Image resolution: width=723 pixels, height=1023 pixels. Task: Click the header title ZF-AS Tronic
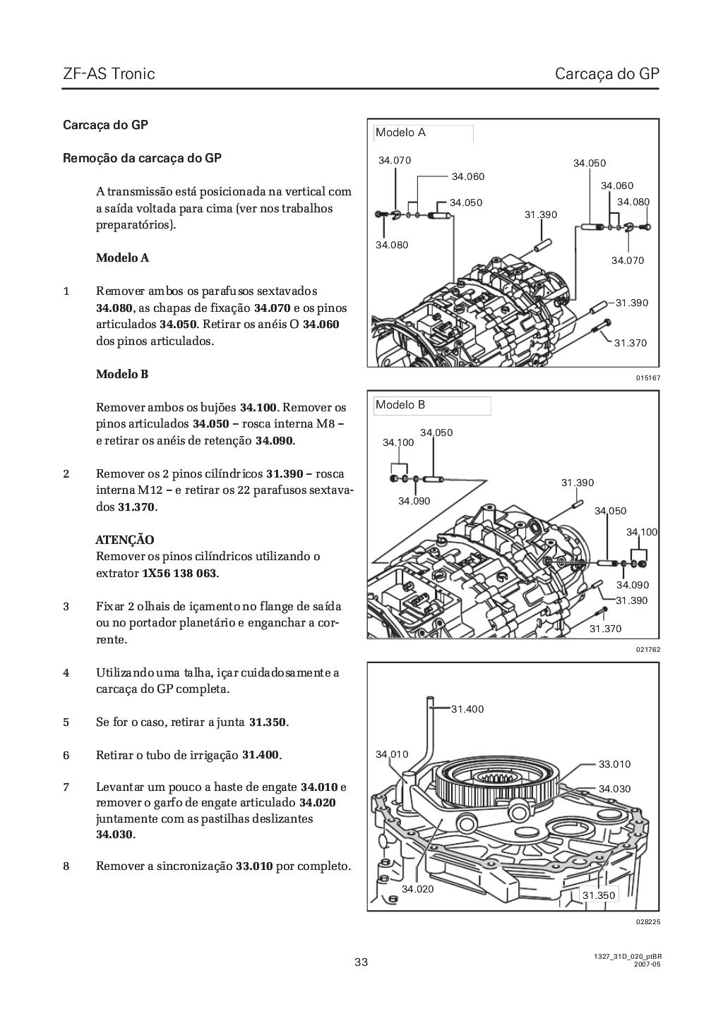[109, 73]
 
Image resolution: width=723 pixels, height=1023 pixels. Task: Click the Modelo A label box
[424, 133]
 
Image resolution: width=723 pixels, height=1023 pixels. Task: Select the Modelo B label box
[432, 405]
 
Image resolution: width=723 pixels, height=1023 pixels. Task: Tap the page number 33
[361, 962]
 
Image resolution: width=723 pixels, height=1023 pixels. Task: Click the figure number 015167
[647, 378]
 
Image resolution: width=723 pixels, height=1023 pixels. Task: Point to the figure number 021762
[647, 649]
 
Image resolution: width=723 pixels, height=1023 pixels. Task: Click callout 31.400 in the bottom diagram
[467, 709]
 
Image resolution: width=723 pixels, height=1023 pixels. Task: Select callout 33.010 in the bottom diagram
[614, 764]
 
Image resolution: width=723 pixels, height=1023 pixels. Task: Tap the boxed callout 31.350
[599, 895]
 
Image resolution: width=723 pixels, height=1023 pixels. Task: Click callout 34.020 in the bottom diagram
[417, 889]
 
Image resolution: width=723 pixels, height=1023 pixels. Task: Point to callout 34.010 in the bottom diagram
[392, 754]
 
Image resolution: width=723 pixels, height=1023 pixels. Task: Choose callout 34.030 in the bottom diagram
[614, 789]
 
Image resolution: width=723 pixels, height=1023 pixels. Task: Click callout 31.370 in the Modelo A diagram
[630, 344]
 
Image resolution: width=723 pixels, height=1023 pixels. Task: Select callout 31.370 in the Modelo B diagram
[605, 629]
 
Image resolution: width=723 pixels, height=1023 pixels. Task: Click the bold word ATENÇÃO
[125, 540]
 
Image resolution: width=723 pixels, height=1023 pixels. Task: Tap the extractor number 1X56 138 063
[179, 573]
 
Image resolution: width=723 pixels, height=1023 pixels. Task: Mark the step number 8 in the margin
[66, 866]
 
